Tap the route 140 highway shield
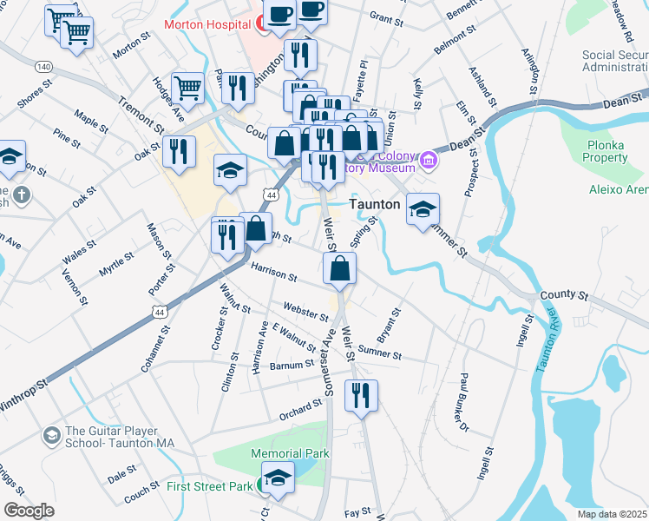pyautogui.click(x=43, y=66)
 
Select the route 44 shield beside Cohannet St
pyautogui.click(x=159, y=311)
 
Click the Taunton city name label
pyautogui.click(x=375, y=205)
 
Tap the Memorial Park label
pyautogui.click(x=290, y=453)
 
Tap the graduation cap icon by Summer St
pyautogui.click(x=423, y=209)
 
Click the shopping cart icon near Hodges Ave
pyautogui.click(x=187, y=87)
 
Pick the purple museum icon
pyautogui.click(x=428, y=161)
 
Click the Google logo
pyautogui.click(x=29, y=511)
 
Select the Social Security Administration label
pyautogui.click(x=614, y=61)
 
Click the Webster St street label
pyautogui.click(x=305, y=312)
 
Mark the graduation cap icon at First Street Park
pyautogui.click(x=278, y=478)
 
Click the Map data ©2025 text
pyautogui.click(x=612, y=514)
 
